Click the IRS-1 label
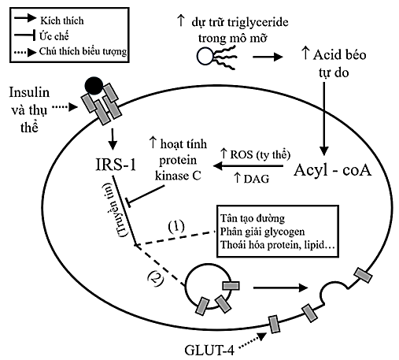point(114,167)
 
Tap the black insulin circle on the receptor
point(92,85)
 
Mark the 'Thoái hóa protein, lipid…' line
point(277,247)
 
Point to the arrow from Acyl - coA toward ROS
point(245,167)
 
